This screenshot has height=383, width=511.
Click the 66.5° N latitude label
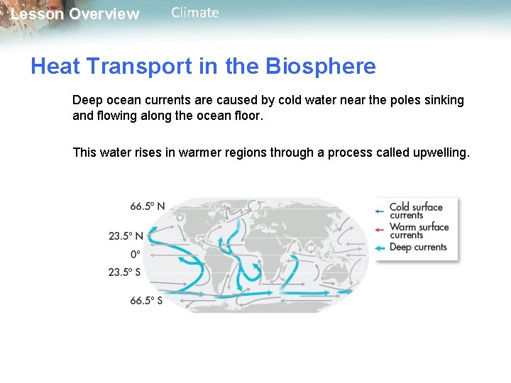pos(147,206)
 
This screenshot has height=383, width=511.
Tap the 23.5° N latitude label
pos(126,235)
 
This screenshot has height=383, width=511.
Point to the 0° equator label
pos(134,253)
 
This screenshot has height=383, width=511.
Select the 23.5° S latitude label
pos(125,272)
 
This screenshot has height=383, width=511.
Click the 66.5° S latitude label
pos(145,300)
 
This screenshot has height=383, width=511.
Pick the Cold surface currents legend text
pos(416,211)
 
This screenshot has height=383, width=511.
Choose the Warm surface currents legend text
pos(419,231)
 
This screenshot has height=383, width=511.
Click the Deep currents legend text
pos(418,248)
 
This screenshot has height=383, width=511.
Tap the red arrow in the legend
pos(380,228)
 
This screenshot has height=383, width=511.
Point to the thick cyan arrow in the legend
pos(380,248)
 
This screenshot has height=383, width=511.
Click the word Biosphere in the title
pos(321,67)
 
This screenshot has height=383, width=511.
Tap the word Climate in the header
pos(195,13)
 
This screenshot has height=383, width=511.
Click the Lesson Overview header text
pos(75,14)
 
